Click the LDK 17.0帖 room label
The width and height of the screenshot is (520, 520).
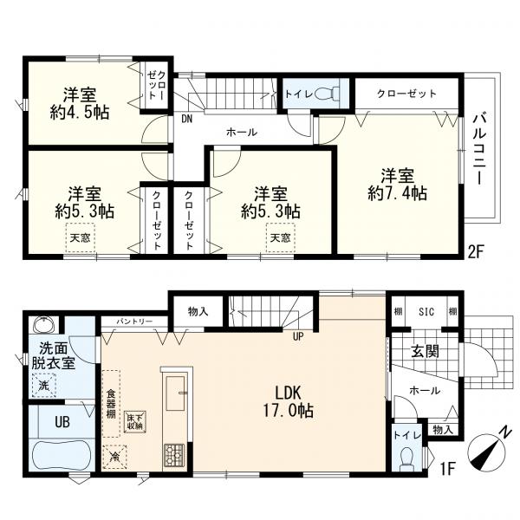(289, 402)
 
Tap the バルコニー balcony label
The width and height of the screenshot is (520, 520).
(480, 149)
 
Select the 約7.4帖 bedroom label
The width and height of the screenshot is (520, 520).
(397, 185)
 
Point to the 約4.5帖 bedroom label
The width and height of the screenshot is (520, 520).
(80, 103)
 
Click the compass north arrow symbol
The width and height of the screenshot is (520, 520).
(487, 451)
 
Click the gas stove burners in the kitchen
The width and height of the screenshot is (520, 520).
(174, 454)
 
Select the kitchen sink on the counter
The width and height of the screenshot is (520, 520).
(175, 393)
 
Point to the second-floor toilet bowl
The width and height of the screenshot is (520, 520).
(326, 94)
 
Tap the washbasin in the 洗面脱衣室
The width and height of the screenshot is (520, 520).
(42, 324)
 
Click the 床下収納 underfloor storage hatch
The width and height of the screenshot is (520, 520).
(135, 422)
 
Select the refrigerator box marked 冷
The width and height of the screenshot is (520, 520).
(114, 457)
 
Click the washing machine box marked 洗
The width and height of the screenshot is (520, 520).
(44, 386)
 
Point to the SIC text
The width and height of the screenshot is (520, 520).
(426, 312)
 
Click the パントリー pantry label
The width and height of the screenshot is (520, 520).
(134, 322)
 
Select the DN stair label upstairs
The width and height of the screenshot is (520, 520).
(187, 119)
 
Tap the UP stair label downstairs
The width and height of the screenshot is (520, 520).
(298, 336)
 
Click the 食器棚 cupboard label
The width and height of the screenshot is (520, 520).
(111, 404)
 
